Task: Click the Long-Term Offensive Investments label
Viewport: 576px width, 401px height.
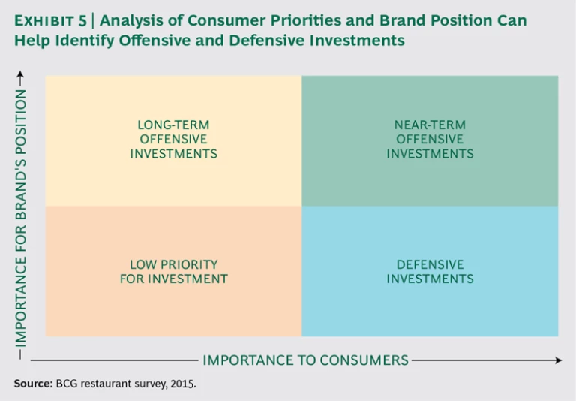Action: [173, 139]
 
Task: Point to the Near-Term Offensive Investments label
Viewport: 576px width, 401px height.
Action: [430, 139]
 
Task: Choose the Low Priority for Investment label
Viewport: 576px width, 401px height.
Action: [173, 271]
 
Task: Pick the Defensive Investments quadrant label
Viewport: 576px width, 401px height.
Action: [430, 271]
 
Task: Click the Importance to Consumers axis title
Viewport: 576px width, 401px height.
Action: [305, 360]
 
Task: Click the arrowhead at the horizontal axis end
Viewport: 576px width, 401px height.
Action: [558, 360]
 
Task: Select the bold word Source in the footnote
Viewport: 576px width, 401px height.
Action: [32, 384]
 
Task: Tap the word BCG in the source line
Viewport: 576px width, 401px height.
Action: [67, 384]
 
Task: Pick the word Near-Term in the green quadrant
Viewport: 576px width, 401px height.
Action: [430, 125]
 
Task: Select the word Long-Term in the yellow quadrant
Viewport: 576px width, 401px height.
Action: [173, 125]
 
